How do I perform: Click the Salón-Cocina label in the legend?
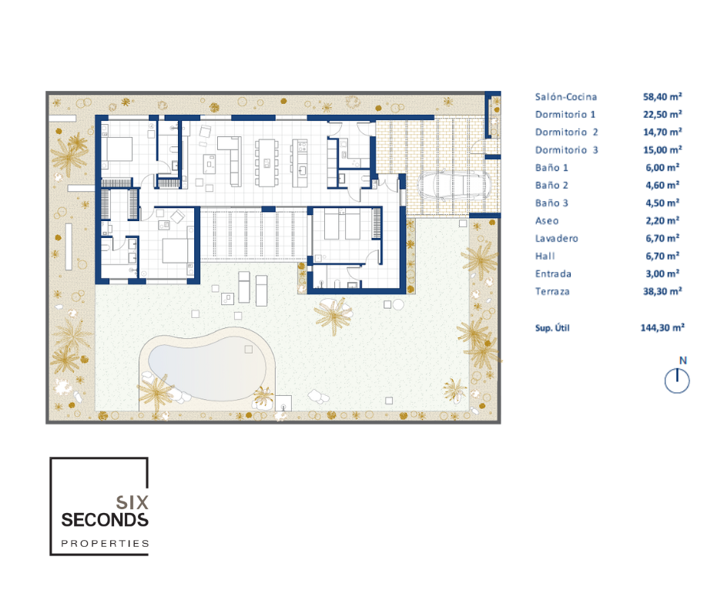tap(565, 97)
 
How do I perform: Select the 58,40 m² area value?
tap(662, 96)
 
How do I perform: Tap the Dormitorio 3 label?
tap(567, 150)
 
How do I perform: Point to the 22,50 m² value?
tap(662, 114)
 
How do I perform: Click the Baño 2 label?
tap(551, 185)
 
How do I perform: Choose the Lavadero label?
tap(556, 238)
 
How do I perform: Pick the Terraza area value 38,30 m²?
tap(662, 291)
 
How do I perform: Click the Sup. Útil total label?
tap(552, 328)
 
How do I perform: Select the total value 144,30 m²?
tap(662, 327)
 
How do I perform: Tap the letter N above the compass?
tap(683, 361)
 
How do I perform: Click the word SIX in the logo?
tap(132, 502)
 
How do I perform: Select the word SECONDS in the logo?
tap(105, 520)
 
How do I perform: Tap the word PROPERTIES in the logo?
tap(106, 543)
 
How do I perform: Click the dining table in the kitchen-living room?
tap(266, 163)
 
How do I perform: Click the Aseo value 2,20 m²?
tap(662, 220)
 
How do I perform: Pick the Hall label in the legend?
tap(545, 256)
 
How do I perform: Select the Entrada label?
tap(553, 274)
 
